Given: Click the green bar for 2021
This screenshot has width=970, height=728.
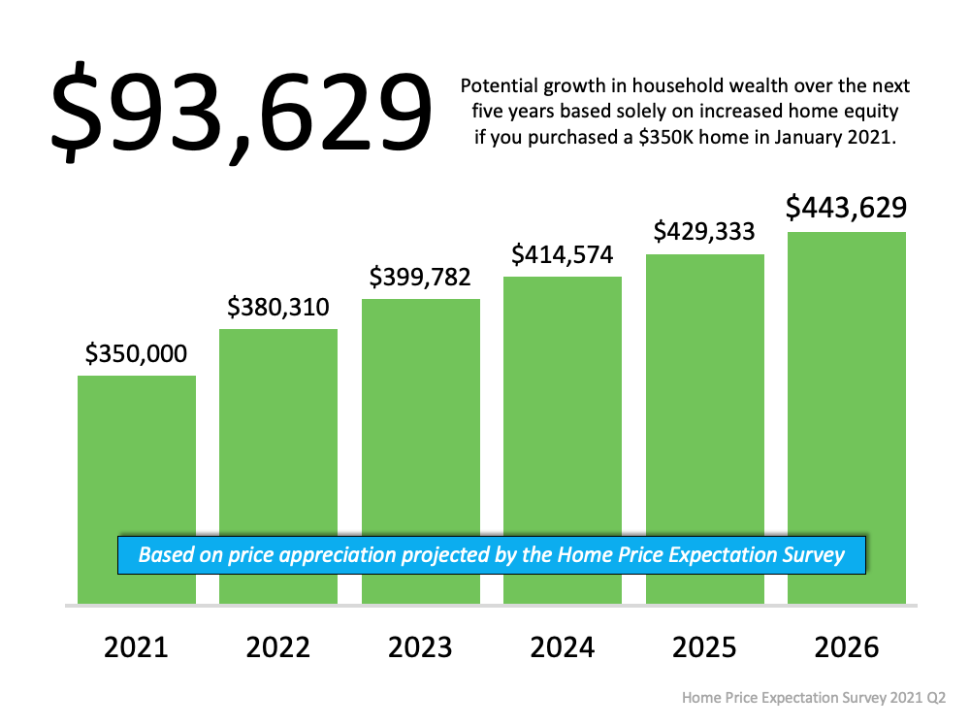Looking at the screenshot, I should tap(137, 456).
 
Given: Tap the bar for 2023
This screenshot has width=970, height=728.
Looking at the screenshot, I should tap(421, 417).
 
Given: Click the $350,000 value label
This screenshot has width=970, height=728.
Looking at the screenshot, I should tap(136, 354).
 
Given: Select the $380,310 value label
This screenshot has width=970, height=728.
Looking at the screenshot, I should tap(278, 308).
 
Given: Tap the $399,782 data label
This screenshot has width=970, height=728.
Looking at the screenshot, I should tap(420, 278).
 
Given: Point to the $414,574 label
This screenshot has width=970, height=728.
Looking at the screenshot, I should tap(563, 255).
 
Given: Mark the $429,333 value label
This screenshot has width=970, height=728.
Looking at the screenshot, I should tap(705, 232).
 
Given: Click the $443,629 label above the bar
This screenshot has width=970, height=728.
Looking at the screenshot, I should tap(846, 208).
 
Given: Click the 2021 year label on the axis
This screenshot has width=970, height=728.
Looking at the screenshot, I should tap(137, 647).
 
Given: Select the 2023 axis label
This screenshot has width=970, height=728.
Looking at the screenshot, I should tap(421, 647).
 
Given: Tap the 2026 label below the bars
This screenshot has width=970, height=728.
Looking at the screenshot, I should tap(847, 647).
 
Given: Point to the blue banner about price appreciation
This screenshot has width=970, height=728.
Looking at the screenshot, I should tap(492, 555).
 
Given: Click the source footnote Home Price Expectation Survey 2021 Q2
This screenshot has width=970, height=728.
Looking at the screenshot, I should tap(813, 698).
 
